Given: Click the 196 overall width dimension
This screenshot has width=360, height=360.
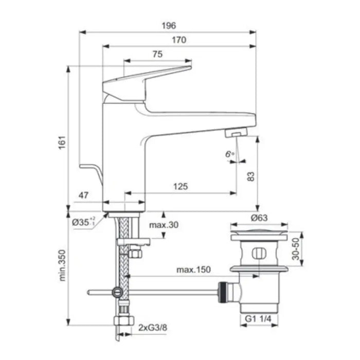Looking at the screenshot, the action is point(169,26).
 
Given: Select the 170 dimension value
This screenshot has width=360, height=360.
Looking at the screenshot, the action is point(179,40).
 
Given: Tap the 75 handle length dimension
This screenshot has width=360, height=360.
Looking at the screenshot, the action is point(157,54).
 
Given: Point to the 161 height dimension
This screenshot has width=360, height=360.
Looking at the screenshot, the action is point(62,142).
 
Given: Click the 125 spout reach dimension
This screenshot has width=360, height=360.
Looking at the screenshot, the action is point(181,186).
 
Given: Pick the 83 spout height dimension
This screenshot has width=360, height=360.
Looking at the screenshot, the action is point(251,176).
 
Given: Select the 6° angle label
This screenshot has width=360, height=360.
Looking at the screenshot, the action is point(229,154).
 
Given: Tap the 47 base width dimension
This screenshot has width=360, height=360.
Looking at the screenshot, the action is point(83,195).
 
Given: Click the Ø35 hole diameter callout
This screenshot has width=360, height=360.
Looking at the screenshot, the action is point(83,222).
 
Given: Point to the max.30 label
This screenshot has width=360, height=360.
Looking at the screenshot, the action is point(164,225).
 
